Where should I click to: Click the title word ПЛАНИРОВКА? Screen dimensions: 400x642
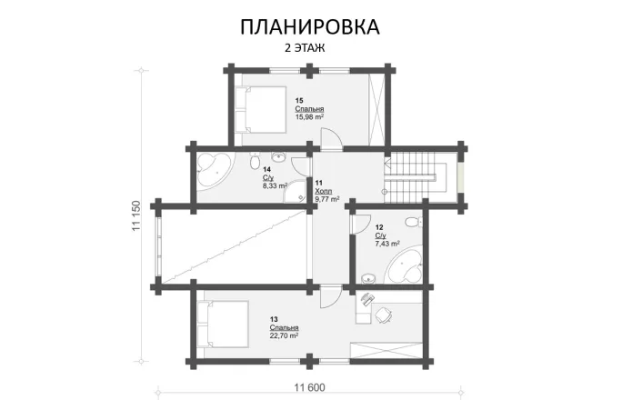pyautogui.click(x=310, y=26)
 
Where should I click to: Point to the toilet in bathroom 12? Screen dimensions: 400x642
pyautogui.click(x=412, y=222)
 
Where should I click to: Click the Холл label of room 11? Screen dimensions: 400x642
pyautogui.click(x=324, y=191)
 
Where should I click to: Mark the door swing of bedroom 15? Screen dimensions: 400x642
pyautogui.click(x=333, y=136)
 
